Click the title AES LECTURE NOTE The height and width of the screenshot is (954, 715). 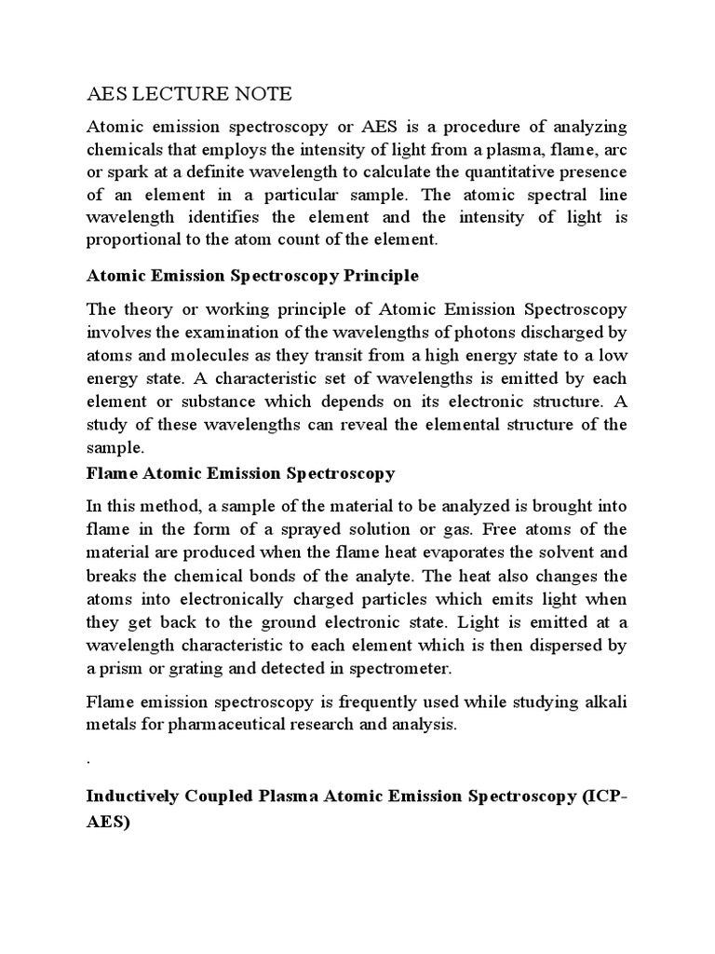coord(188,94)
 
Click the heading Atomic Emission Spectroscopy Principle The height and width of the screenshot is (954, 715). coord(252,277)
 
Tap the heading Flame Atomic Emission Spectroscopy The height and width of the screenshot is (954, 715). coord(240,473)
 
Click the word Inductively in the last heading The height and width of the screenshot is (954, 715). coord(133,797)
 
